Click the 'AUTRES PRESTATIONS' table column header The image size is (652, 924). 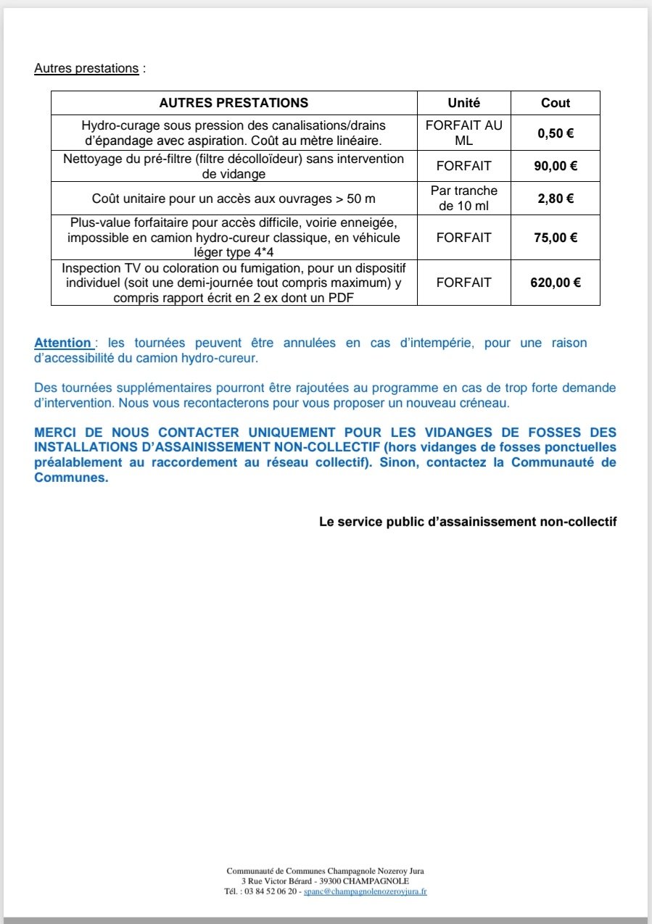point(234,103)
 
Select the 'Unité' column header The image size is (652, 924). point(463,103)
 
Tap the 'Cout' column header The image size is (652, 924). point(556,103)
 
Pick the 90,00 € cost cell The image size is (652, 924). point(556,166)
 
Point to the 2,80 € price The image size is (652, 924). point(556,199)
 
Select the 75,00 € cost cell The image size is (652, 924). point(556,238)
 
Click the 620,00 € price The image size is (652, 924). point(556,283)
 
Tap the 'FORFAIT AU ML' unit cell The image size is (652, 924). point(463,133)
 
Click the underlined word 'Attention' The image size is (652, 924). point(63,343)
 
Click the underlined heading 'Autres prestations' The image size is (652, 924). point(86,69)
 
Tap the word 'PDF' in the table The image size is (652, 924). point(342,297)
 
